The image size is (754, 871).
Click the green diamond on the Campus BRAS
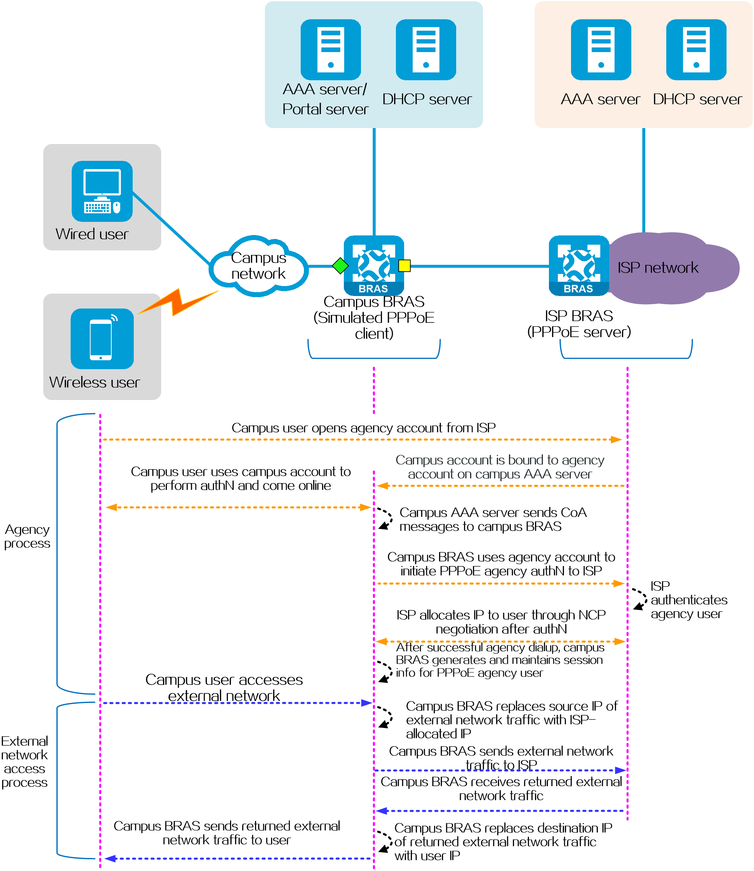click(340, 266)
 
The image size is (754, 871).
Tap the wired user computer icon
click(102, 192)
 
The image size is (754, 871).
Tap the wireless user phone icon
click(102, 339)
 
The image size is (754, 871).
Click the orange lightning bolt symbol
click(178, 302)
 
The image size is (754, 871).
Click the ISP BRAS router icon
click(579, 265)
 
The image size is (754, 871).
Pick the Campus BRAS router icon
click(374, 265)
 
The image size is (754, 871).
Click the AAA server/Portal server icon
click(331, 50)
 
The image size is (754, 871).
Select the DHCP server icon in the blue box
click(426, 50)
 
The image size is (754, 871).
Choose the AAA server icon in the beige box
click(601, 50)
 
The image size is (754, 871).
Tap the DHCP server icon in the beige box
click(696, 50)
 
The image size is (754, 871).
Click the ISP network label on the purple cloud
click(658, 268)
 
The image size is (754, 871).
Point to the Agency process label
click(27, 536)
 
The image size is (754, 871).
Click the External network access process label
click(24, 762)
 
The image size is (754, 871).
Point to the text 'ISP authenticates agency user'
click(689, 600)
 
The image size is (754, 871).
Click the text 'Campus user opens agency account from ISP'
click(363, 428)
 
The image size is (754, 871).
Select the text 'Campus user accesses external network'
click(224, 688)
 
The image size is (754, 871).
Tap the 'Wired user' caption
click(92, 234)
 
